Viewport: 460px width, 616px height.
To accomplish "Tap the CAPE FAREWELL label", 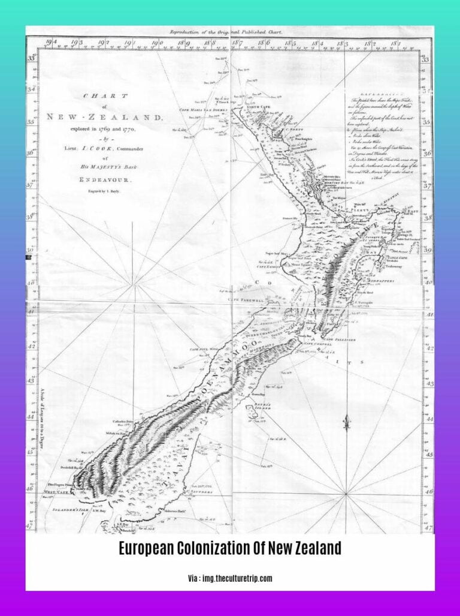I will (244, 298).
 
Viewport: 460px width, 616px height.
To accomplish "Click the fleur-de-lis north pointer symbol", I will (346, 422).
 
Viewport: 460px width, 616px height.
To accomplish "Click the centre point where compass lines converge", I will (346, 494).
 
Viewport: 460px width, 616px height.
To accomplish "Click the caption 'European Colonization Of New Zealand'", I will (230, 548).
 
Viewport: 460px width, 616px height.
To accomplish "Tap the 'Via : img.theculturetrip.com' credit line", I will (230, 578).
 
